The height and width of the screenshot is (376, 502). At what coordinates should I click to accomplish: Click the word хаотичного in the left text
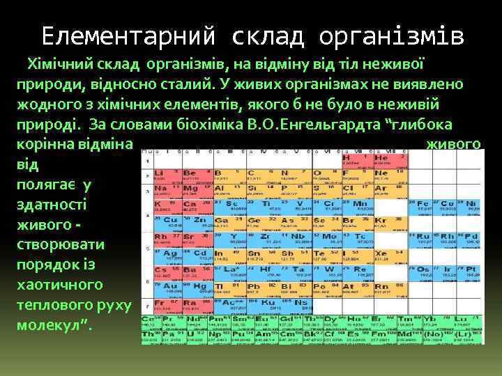pos(60,285)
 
